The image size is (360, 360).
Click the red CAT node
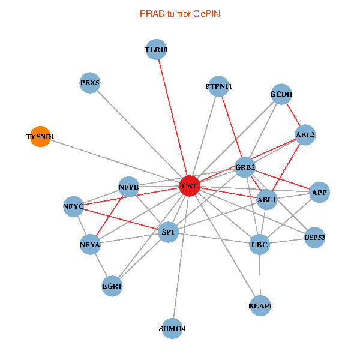pyautogui.click(x=190, y=187)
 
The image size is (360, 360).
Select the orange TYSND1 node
pyautogui.click(x=40, y=137)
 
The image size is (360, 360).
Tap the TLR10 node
pyautogui.click(x=156, y=50)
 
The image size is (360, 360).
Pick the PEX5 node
pyautogui.click(x=90, y=83)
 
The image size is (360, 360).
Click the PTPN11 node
pyautogui.click(x=218, y=86)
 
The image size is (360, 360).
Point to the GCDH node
pyautogui.click(x=281, y=94)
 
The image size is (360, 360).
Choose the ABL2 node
pyautogui.click(x=305, y=135)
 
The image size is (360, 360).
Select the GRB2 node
pyautogui.click(x=245, y=167)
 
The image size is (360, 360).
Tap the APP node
pyautogui.click(x=319, y=193)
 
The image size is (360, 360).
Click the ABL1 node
pyautogui.click(x=266, y=199)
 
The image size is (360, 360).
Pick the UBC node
pyautogui.click(x=260, y=244)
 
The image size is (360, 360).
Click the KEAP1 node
pyautogui.click(x=260, y=307)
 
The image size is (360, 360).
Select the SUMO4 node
pyautogui.click(x=172, y=328)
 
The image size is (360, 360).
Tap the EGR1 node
pyautogui.click(x=112, y=286)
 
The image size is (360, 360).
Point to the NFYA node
pyautogui.click(x=89, y=244)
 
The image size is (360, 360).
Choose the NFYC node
pyautogui.click(x=73, y=206)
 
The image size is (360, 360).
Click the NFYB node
pyautogui.click(x=129, y=187)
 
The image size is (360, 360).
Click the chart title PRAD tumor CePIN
pyautogui.click(x=179, y=13)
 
